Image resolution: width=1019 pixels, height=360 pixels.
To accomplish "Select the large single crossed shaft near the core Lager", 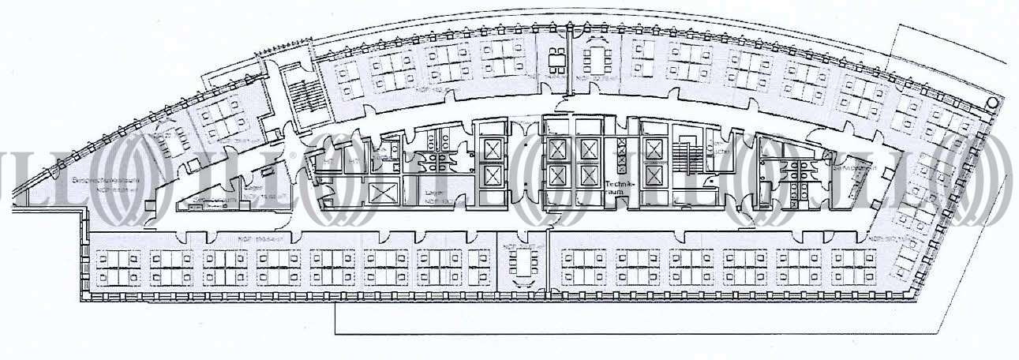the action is [380, 194].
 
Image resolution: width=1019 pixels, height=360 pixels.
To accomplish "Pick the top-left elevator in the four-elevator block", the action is [558, 148].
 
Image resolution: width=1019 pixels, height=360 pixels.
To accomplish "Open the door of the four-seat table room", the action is [558, 85].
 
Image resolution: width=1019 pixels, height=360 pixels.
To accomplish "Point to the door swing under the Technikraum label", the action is [616, 204].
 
